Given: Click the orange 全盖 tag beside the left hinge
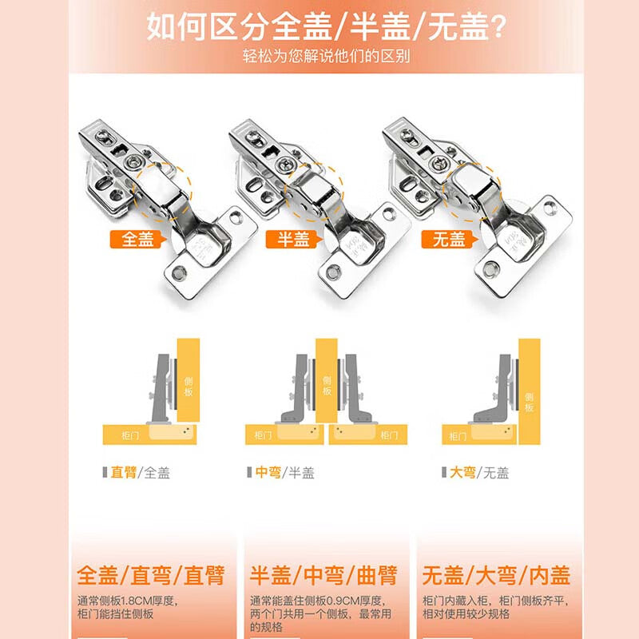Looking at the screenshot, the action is pos(137,239).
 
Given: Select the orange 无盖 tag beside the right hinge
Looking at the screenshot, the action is pos(449,239).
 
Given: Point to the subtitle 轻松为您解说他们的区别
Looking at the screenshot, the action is pos(327,56).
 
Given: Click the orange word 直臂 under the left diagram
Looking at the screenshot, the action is pos(124,472).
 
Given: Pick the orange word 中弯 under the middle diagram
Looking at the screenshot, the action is pos(268,472).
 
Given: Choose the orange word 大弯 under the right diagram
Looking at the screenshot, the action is pos(462,472).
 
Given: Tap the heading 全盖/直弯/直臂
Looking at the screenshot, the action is pos(151,575).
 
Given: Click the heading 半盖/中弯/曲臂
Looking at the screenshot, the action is pos(323,575).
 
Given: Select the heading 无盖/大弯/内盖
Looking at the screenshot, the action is pos(496,575).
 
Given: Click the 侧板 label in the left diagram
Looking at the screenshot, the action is pos(189,387).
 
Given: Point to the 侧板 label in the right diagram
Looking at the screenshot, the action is pos(529,403).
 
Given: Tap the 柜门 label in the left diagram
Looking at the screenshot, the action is pos(130,435).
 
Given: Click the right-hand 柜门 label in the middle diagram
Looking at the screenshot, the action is pos(389,435).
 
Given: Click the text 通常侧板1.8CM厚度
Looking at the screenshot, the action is pos(127,601).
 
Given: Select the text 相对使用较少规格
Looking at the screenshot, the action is pos(466,613).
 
